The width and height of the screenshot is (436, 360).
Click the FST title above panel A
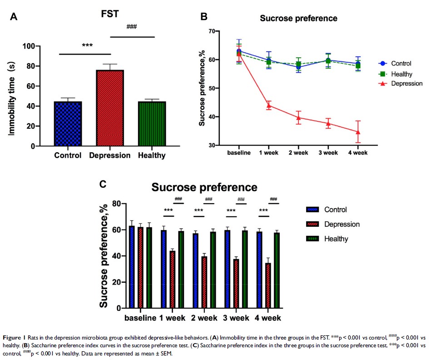click(110, 14)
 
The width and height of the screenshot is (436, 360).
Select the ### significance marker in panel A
click(132, 27)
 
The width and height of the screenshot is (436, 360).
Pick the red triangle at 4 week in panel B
click(358, 132)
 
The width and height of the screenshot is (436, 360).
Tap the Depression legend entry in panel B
click(406, 83)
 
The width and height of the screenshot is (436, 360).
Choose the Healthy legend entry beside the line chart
click(402, 74)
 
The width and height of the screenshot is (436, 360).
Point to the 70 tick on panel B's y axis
click(211, 31)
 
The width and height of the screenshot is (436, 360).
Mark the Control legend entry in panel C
click(335, 210)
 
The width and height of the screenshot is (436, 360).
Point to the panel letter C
click(104, 184)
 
